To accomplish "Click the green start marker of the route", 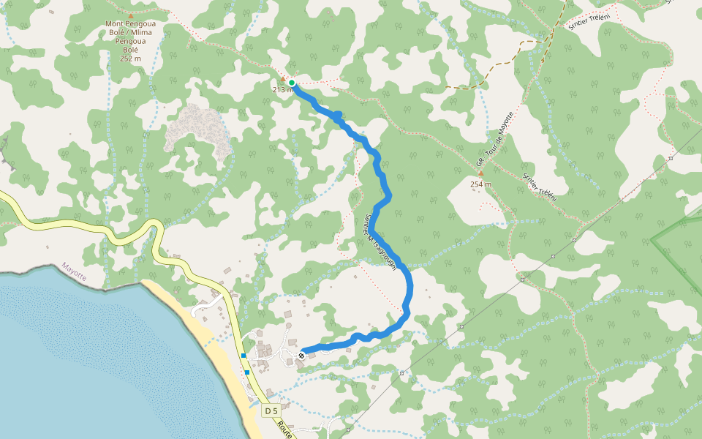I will [292, 83].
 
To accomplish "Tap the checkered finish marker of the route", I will [301, 356].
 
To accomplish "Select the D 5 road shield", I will [271, 410].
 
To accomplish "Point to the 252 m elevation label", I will [130, 59].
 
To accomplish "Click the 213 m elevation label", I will [282, 89].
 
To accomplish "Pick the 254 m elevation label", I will [480, 184].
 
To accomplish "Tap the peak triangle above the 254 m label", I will [480, 173].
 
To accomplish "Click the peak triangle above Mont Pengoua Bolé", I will [131, 15].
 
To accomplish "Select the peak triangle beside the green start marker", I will [283, 79].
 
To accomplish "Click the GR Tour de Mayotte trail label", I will [496, 138].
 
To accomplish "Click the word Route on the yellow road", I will [285, 429].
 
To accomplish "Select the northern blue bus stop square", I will [244, 356].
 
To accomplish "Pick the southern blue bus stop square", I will [248, 372].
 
